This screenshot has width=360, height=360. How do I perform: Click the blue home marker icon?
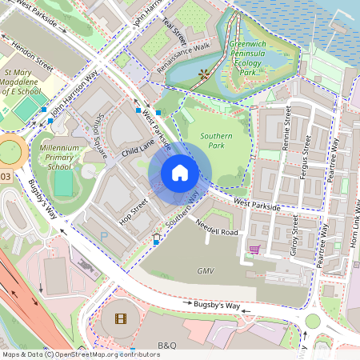[180, 172]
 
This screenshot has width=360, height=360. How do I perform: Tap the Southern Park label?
[217, 142]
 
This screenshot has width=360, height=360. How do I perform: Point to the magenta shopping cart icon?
[254, 250]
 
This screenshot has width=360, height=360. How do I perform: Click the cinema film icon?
[120, 319]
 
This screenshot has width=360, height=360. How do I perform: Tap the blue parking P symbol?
[103, 236]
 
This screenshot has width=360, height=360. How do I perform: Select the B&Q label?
[166, 345]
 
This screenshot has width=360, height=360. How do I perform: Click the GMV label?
[206, 271]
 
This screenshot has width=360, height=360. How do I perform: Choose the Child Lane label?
[137, 146]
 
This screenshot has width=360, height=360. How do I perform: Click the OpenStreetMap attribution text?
[80, 354]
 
